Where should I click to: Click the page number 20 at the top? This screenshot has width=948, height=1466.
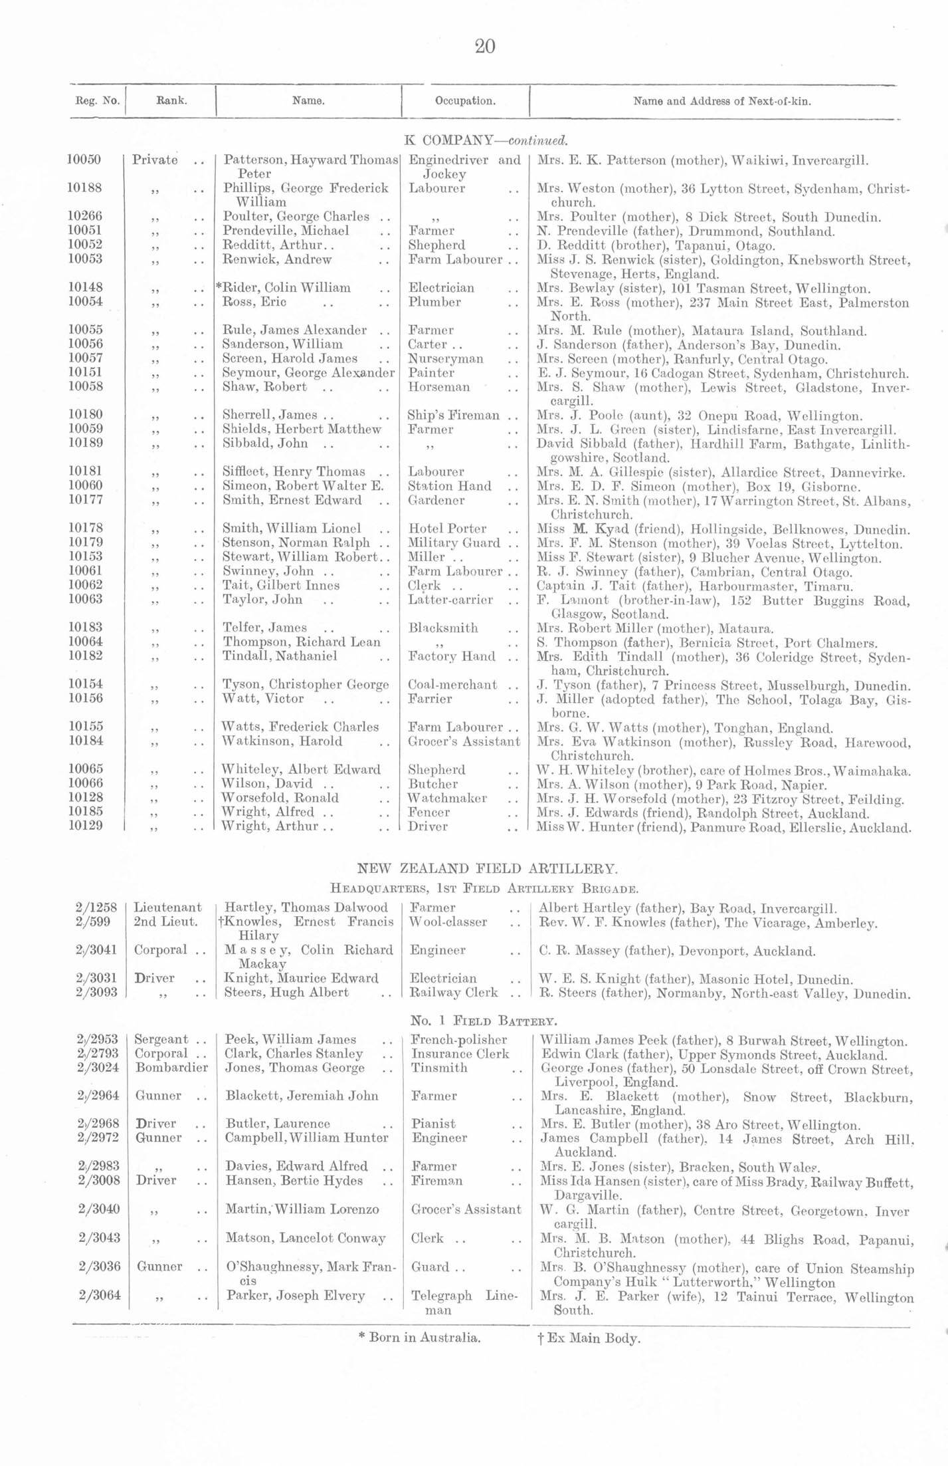click(485, 47)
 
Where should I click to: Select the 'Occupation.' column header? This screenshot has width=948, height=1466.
click(465, 102)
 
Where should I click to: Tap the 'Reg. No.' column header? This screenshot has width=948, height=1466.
click(97, 102)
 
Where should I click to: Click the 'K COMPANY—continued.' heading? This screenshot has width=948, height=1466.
click(486, 141)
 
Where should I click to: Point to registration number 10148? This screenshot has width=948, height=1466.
click(85, 288)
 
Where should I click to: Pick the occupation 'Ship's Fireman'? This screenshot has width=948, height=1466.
click(453, 416)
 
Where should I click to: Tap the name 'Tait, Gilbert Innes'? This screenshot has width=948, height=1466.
click(281, 586)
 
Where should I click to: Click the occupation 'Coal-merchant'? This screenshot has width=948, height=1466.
click(452, 685)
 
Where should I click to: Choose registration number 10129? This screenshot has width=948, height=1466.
click(85, 826)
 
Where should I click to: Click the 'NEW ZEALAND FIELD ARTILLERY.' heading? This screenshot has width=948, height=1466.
click(488, 868)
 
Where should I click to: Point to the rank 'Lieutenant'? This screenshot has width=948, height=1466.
click(167, 908)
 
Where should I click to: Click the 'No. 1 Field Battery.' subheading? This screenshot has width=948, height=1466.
click(484, 1021)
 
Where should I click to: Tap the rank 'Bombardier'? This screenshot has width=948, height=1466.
click(171, 1068)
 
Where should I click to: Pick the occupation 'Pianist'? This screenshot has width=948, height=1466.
click(433, 1124)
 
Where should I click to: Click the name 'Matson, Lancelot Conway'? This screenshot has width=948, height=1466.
click(306, 1238)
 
